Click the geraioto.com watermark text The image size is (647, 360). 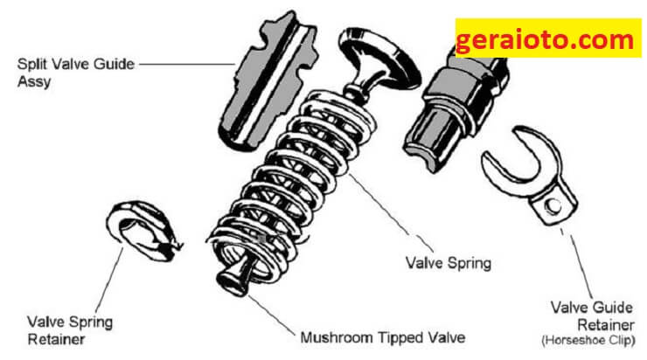pos(545,40)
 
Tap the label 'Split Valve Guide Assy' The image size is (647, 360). pos(76,73)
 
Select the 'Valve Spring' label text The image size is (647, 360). pos(449,263)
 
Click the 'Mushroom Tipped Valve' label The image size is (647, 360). pos(382,338)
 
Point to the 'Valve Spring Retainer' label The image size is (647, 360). pos(70,330)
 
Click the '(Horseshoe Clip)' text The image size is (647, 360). pos(588,340)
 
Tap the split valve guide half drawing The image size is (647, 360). pos(268,81)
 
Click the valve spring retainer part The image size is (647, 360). pos(143,230)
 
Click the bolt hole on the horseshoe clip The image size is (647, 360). pos(552,205)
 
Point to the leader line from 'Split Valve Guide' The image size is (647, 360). pos(187,64)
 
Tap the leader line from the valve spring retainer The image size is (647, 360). pos(109,280)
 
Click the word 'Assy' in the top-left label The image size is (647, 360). pos(34,81)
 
